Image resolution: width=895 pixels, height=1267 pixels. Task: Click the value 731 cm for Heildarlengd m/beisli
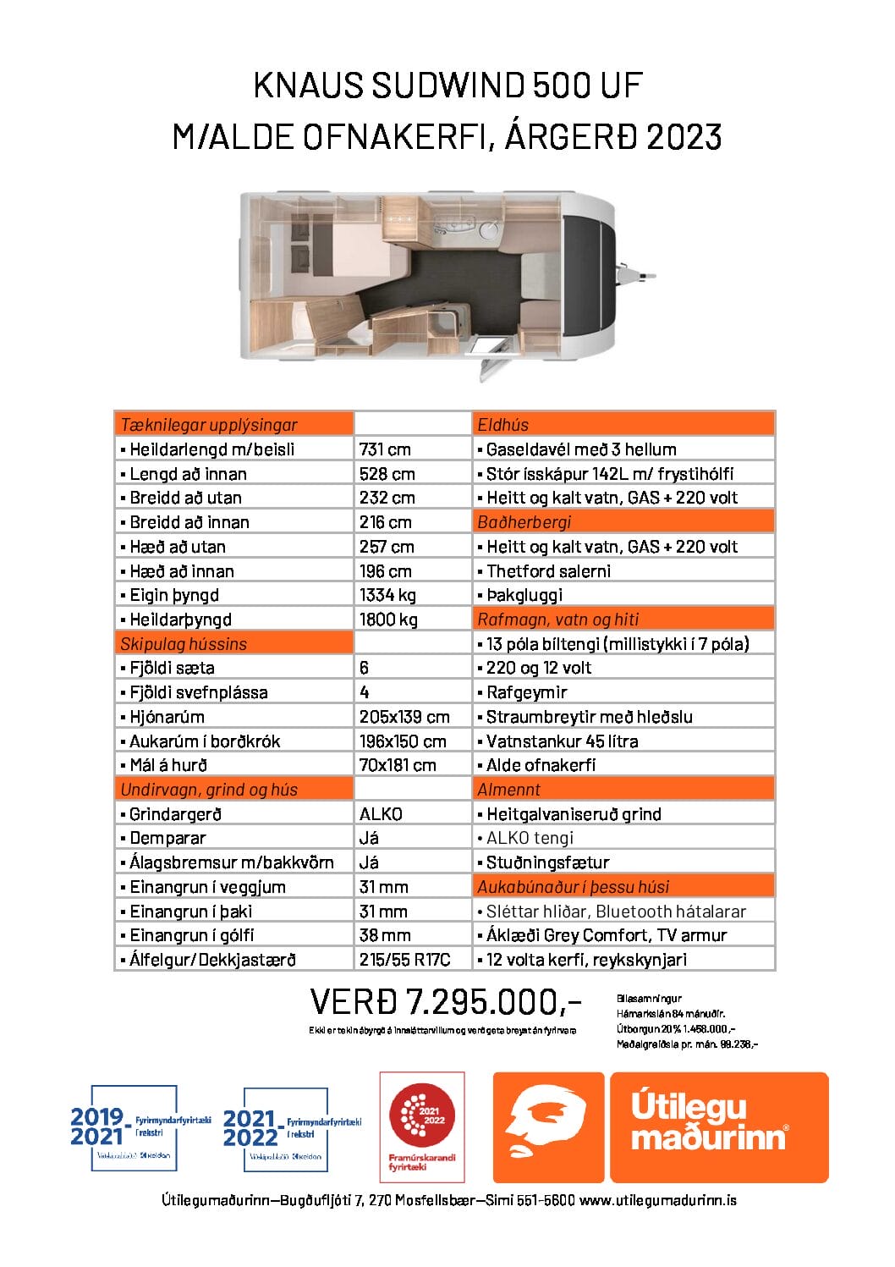click(385, 449)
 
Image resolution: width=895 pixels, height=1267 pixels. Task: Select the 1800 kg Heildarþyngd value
click(388, 620)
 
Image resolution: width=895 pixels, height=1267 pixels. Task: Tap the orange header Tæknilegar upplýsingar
click(209, 425)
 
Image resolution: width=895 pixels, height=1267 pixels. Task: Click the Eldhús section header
click(503, 425)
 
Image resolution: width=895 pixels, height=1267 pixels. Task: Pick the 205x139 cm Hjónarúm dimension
click(404, 717)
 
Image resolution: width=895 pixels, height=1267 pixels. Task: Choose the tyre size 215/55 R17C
click(404, 960)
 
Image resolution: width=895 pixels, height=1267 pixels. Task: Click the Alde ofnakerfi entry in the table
click(541, 765)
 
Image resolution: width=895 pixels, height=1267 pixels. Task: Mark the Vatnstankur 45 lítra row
click(562, 741)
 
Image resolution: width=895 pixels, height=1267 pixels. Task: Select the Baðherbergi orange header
click(524, 522)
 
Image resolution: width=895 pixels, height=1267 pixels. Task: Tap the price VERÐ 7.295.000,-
click(446, 1002)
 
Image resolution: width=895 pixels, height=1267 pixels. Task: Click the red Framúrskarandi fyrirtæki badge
click(422, 1127)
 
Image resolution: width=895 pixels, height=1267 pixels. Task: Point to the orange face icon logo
click(548, 1127)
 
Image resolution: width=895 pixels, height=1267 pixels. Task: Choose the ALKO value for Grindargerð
click(381, 814)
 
